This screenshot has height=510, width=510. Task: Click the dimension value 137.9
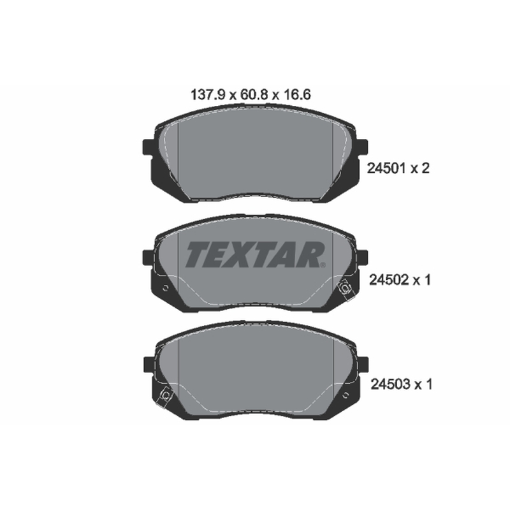tap(208, 94)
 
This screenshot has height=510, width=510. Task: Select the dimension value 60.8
tap(254, 94)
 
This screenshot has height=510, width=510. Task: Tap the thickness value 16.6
tap(297, 94)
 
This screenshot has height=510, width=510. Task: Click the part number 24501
tap(386, 168)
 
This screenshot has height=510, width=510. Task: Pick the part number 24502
tap(388, 280)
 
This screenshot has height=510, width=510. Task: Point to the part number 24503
tap(390, 384)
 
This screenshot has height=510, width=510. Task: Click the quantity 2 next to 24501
tap(425, 168)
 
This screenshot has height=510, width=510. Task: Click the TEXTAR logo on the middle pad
tap(254, 254)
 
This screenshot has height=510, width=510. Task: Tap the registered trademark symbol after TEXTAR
tap(323, 265)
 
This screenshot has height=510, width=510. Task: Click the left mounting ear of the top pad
tap(148, 147)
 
